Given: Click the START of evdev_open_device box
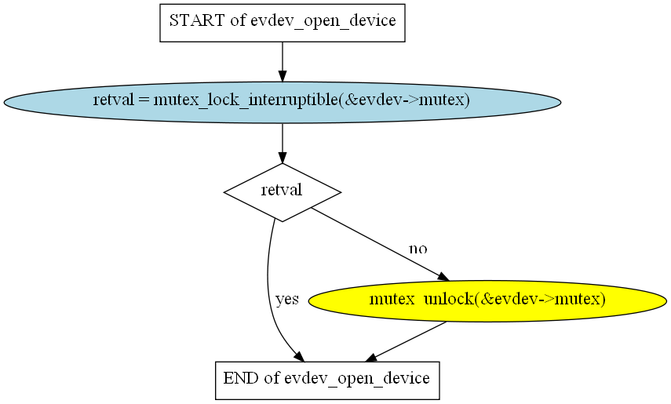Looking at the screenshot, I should point(282,21).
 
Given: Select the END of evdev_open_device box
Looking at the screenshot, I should point(326,379).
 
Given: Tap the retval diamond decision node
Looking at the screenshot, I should point(282,191).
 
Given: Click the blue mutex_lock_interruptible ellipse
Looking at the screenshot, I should point(282,101).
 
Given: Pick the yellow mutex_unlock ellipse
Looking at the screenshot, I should point(487,300).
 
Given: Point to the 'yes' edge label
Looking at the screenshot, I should point(287,300).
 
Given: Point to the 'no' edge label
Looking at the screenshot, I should point(418,249).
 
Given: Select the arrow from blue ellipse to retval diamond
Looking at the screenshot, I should point(282,143).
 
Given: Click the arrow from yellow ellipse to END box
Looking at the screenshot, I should point(408,341).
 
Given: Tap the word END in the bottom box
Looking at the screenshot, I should point(240,379).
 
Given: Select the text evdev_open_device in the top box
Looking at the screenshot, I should point(323,21).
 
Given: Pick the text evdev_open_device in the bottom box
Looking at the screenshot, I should point(357,379).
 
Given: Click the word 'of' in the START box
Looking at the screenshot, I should point(238,21).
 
